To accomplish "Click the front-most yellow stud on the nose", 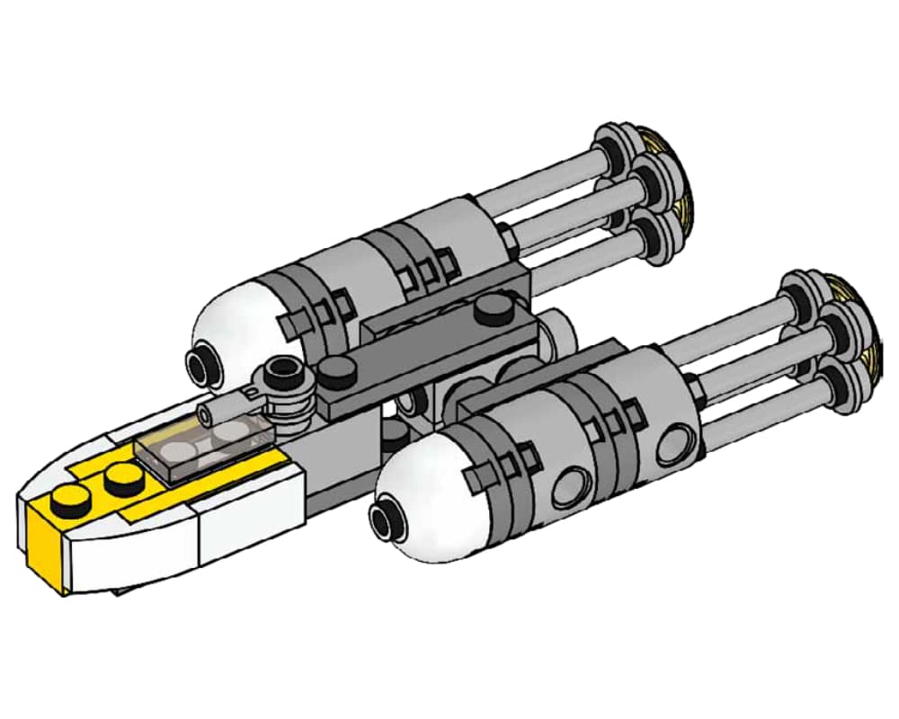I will coord(66,497).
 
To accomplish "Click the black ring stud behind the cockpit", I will coord(283,370).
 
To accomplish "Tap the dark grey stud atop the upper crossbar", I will coord(490,311).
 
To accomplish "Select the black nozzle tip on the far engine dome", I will coord(199,363).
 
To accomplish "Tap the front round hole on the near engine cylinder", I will coord(564,491).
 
